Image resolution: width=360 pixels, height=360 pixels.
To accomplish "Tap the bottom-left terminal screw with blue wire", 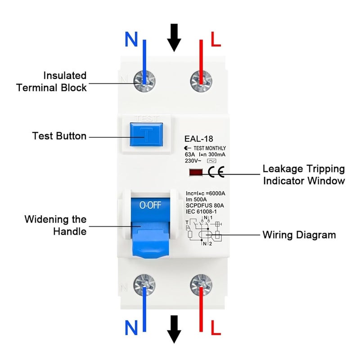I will tap(144, 284).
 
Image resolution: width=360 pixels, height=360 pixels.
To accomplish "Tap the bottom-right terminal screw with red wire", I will tap(201, 284).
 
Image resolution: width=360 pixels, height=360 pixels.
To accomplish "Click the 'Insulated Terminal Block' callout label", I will tap(51, 81).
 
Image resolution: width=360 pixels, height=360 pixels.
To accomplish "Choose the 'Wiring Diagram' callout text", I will tap(299, 235).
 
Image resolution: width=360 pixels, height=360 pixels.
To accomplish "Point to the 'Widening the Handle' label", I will tap(55, 225).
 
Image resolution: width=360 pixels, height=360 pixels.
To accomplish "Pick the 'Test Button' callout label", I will tap(59, 135).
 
